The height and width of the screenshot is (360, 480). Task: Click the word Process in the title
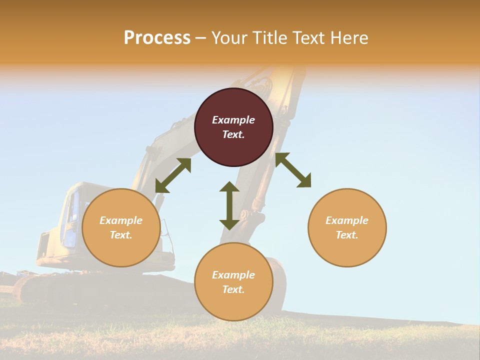pyautogui.click(x=157, y=38)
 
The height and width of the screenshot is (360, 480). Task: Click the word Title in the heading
pyautogui.click(x=269, y=38)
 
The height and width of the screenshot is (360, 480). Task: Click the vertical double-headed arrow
pyautogui.click(x=229, y=205)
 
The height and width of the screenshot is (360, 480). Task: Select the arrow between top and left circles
pyautogui.click(x=173, y=175)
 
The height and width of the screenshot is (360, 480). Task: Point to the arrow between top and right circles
pyautogui.click(x=293, y=170)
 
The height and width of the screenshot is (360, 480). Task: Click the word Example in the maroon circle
pyautogui.click(x=233, y=120)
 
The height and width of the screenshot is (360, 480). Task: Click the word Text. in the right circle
pyautogui.click(x=347, y=235)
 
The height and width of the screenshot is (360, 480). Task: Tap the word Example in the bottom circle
pyautogui.click(x=233, y=275)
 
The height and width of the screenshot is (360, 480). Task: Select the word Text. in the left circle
pyautogui.click(x=121, y=235)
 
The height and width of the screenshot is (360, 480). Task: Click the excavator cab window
pyautogui.click(x=72, y=210)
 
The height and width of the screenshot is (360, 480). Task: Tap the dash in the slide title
pyautogui.click(x=200, y=38)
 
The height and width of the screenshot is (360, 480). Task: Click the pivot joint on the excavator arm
pyautogui.click(x=244, y=214)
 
